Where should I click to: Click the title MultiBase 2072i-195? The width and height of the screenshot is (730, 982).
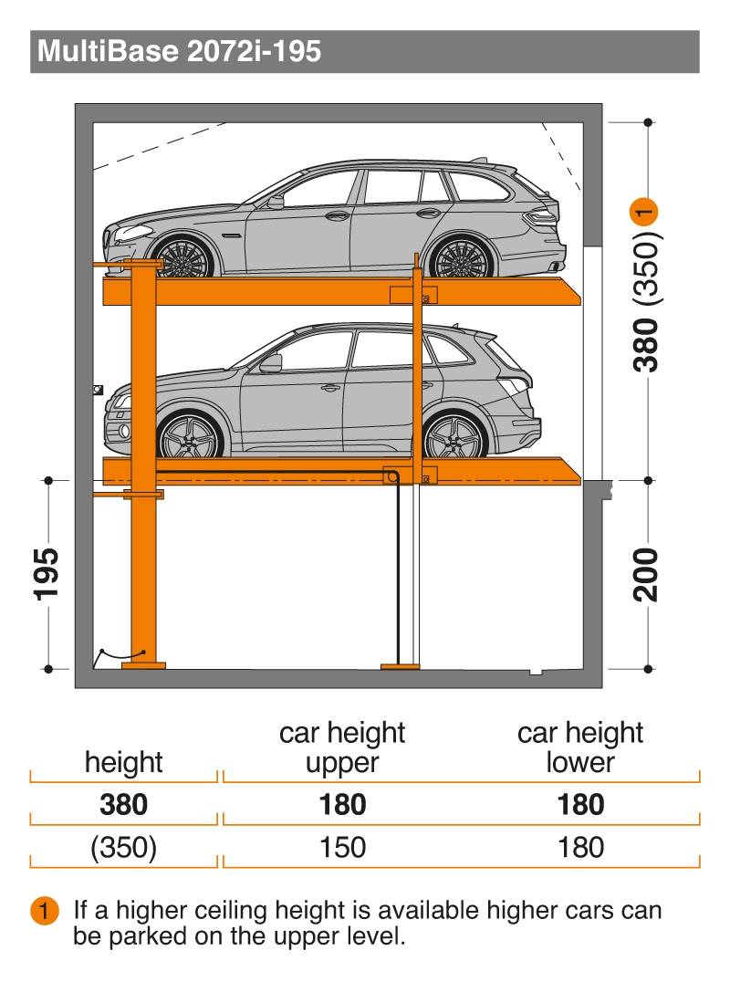tap(179, 51)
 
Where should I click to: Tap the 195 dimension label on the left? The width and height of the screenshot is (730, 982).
tap(47, 574)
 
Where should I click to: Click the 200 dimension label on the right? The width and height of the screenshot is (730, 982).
tap(646, 575)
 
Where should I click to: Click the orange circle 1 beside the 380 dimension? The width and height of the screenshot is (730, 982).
tap(644, 212)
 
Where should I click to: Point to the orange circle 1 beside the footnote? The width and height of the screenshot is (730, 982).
tap(45, 910)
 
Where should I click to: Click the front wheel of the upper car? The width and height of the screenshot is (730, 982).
tap(182, 256)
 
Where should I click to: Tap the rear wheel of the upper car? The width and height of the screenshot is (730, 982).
tap(460, 256)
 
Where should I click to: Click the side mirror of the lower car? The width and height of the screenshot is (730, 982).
tap(272, 364)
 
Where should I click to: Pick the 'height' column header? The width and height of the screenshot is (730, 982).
tap(123, 762)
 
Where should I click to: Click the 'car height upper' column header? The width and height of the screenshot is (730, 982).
tap(342, 747)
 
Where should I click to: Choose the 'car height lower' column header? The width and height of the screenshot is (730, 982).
tap(580, 747)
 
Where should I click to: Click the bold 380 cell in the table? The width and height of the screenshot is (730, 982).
tap(123, 805)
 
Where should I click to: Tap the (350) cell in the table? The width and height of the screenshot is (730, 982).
tap(123, 847)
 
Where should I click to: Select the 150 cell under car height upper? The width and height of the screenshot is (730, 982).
tap(342, 847)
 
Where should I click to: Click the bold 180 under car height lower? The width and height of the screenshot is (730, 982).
tap(581, 805)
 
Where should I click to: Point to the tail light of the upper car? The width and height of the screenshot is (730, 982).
tap(541, 217)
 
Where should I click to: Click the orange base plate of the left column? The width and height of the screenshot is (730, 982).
tap(143, 665)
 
